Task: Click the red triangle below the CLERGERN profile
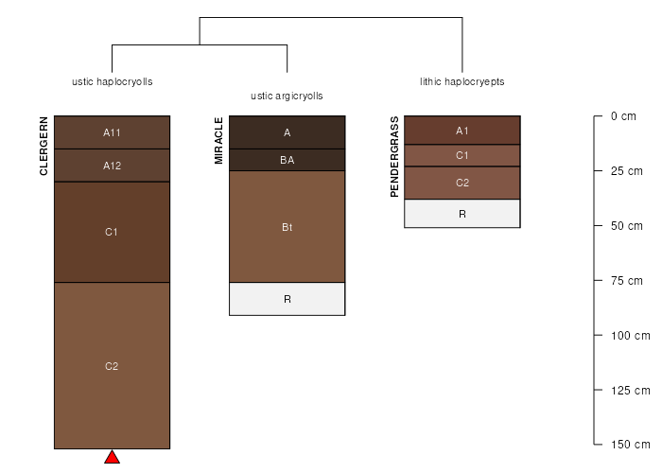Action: pyautogui.click(x=112, y=457)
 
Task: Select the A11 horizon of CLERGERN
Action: pyautogui.click(x=112, y=132)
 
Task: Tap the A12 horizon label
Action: pyautogui.click(x=112, y=166)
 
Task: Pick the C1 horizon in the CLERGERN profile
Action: pyautogui.click(x=112, y=232)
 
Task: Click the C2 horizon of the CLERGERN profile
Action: pyautogui.click(x=112, y=365)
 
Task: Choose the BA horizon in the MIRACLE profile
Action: pyautogui.click(x=287, y=160)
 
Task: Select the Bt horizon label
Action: pyautogui.click(x=287, y=227)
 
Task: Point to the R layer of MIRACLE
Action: pyautogui.click(x=287, y=299)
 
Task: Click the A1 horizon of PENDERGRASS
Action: pyautogui.click(x=462, y=131)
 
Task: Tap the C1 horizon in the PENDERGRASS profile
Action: pyautogui.click(x=462, y=155)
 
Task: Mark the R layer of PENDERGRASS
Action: pyautogui.click(x=462, y=213)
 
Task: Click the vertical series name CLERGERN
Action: pyautogui.click(x=44, y=146)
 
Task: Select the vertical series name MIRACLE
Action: pyautogui.click(x=218, y=141)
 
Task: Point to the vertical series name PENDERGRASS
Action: pyautogui.click(x=394, y=157)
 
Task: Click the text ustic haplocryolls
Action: pyautogui.click(x=113, y=81)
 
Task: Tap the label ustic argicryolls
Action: pyautogui.click(x=287, y=96)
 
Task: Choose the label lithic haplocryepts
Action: pyautogui.click(x=462, y=81)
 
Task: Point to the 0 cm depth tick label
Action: pyautogui.click(x=623, y=116)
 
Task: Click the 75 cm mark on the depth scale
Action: pyautogui.click(x=626, y=280)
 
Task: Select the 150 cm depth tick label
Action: pyautogui.click(x=631, y=445)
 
